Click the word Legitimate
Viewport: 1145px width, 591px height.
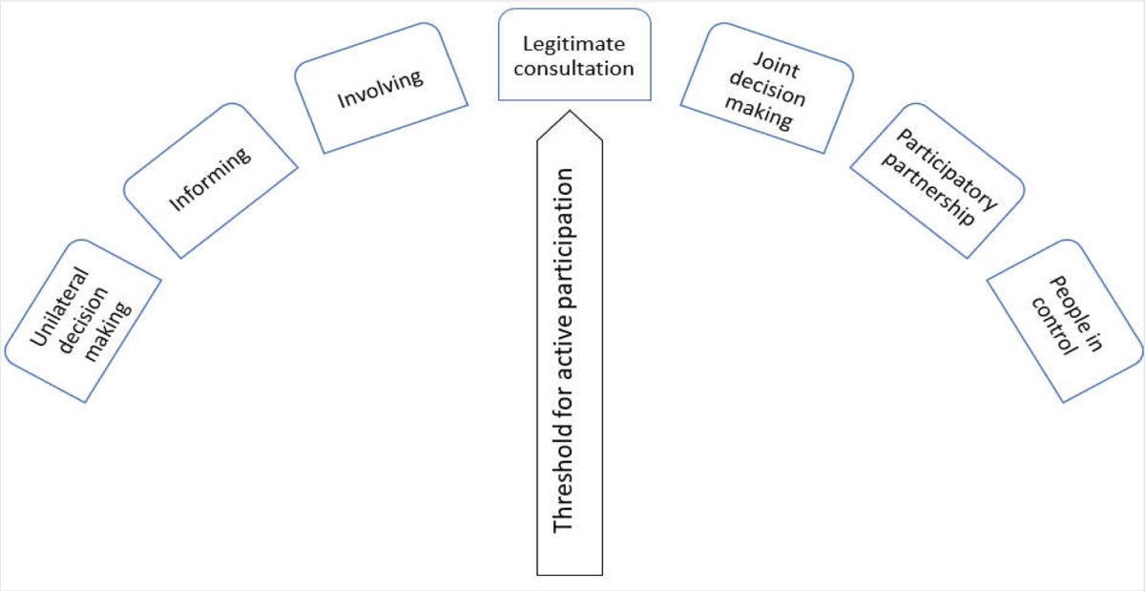tap(574, 45)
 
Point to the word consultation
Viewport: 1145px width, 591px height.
tap(574, 69)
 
